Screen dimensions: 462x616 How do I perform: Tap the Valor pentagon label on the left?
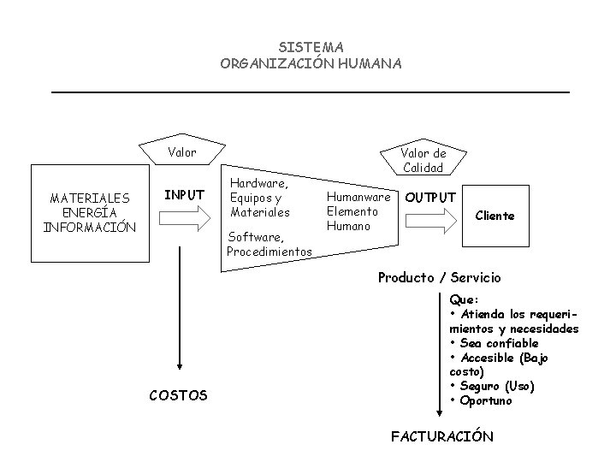tap(181, 153)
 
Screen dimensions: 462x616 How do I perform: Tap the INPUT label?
tap(184, 195)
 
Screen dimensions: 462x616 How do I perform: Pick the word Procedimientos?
tap(269, 251)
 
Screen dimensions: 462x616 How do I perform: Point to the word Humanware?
tap(358, 196)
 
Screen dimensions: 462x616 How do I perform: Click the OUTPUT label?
tap(430, 197)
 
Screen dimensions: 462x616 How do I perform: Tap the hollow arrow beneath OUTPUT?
tap(432, 221)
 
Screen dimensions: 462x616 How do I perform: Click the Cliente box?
tap(495, 216)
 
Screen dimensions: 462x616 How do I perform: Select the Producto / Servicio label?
tap(440, 278)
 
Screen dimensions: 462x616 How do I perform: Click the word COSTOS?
tap(178, 395)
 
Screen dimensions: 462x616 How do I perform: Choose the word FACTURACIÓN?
tap(441, 436)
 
